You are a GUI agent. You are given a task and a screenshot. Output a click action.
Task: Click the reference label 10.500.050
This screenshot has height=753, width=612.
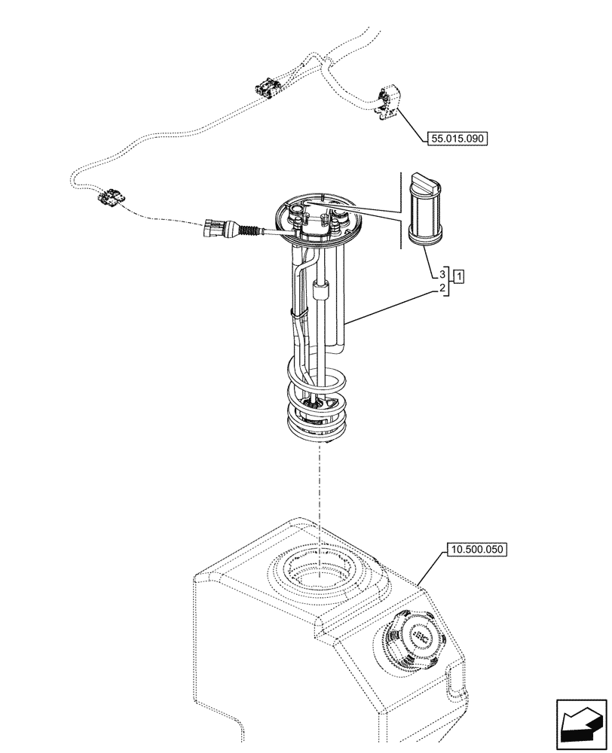click(x=477, y=550)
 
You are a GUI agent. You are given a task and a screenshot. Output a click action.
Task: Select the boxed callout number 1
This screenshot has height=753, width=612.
click(x=459, y=276)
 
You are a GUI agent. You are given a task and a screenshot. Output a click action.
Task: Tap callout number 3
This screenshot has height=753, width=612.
click(x=442, y=275)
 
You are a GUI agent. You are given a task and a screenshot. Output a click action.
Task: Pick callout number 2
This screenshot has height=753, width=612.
click(x=442, y=288)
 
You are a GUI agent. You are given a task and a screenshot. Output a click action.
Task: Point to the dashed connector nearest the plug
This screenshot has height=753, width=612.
click(x=111, y=197)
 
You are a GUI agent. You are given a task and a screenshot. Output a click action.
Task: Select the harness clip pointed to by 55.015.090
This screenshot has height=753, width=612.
click(x=387, y=102)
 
